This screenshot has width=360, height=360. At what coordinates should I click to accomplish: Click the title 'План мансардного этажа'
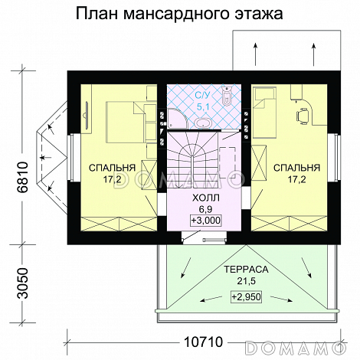pyautogui.click(x=179, y=14)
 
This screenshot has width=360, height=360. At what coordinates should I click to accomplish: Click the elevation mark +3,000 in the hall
pyautogui.click(x=203, y=220)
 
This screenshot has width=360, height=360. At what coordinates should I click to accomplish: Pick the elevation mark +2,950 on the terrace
pyautogui.click(x=244, y=295)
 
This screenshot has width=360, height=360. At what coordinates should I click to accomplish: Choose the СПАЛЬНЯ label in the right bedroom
pyautogui.click(x=294, y=168)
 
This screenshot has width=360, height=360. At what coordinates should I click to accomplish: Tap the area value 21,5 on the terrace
pyautogui.click(x=244, y=281)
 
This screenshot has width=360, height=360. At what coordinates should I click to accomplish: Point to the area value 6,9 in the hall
pyautogui.click(x=203, y=208)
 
